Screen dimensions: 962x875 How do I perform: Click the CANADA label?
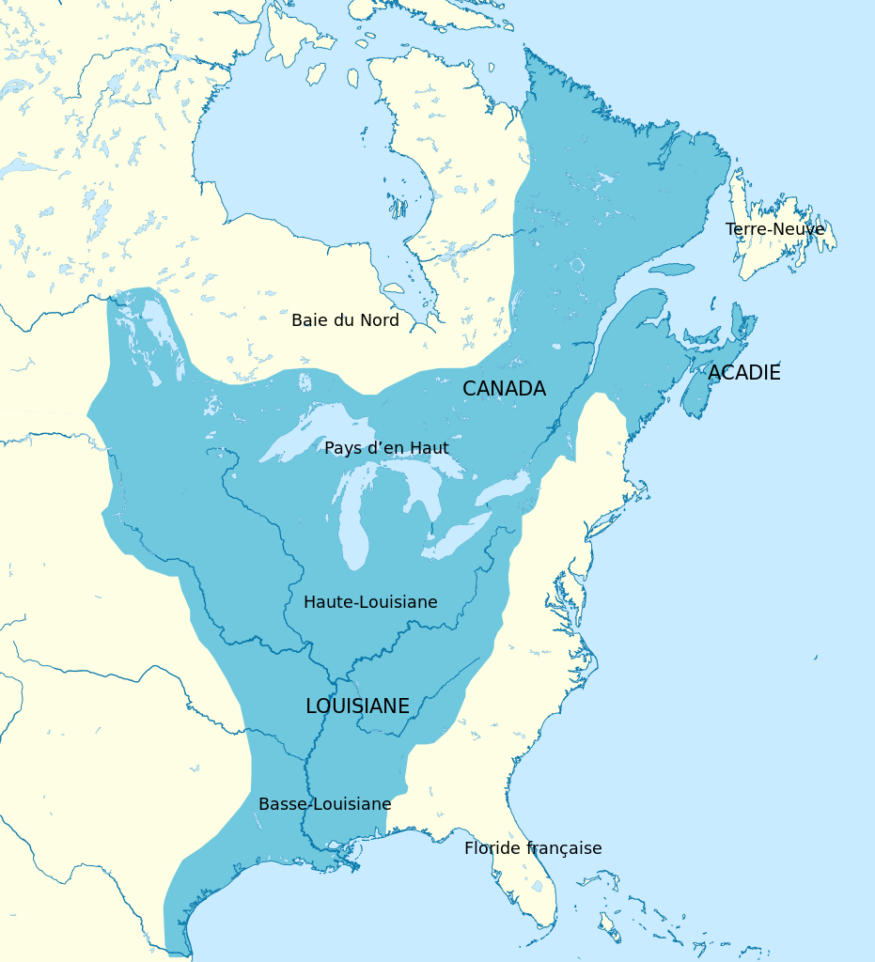pos(504,389)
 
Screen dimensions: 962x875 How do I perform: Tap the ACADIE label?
pos(743,373)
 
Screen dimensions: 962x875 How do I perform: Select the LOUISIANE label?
pos(357,706)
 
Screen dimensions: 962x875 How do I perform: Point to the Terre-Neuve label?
pos(774,229)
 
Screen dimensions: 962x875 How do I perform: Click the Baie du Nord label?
pos(345,320)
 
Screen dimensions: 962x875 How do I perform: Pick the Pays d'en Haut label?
pos(386,448)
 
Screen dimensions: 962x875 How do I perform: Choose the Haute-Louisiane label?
pos(370,602)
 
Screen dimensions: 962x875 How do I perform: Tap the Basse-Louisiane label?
pos(324,804)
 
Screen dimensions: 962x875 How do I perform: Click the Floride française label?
pos(533,848)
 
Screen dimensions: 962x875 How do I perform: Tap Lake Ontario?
pos(504,489)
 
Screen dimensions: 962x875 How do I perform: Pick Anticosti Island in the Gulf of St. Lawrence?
pos(671,270)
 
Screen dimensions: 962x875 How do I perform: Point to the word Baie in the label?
pos(309,320)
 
